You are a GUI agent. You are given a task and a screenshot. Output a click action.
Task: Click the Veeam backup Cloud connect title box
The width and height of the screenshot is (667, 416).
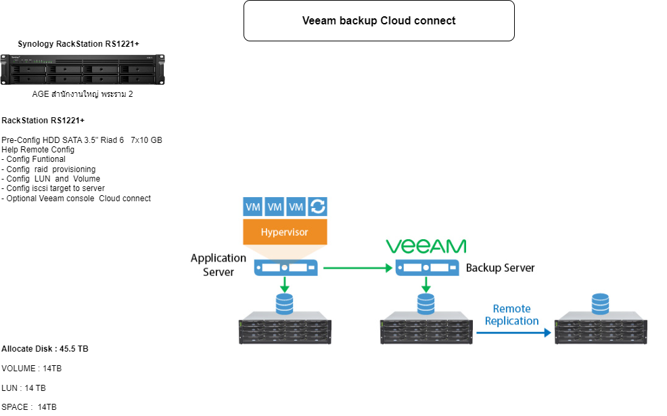379,21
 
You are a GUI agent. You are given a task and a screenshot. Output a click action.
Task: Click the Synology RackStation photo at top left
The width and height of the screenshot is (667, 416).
83,69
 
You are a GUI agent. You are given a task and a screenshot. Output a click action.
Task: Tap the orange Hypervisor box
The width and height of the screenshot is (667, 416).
284,232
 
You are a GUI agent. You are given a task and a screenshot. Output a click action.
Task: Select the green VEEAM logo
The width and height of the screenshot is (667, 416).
425,246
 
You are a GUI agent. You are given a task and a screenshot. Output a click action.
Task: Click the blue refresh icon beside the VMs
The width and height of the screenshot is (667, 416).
317,207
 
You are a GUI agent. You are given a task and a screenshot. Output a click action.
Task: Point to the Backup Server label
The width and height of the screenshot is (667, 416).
500,268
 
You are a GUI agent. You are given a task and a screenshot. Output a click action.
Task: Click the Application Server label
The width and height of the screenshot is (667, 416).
218,265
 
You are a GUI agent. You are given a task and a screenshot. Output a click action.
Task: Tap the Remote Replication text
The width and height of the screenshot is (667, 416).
511,314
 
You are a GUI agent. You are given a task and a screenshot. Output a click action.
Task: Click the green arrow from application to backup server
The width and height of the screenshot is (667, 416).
358,268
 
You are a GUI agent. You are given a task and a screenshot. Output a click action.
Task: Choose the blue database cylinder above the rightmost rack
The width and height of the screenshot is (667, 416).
600,304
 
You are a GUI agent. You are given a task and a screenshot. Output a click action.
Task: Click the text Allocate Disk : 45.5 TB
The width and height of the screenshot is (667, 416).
45,349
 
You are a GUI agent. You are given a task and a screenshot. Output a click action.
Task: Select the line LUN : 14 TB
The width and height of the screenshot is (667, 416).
24,388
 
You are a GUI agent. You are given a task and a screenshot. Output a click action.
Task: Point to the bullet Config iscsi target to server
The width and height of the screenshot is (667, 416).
54,188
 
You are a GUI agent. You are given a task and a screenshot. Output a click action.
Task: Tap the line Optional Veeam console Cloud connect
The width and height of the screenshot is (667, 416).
77,199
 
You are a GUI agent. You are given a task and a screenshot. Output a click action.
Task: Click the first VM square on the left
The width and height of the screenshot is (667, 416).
253,207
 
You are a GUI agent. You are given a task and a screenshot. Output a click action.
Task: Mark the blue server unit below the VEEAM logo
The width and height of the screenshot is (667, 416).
425,268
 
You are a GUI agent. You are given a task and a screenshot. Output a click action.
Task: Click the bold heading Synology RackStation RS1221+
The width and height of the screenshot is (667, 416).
78,44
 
